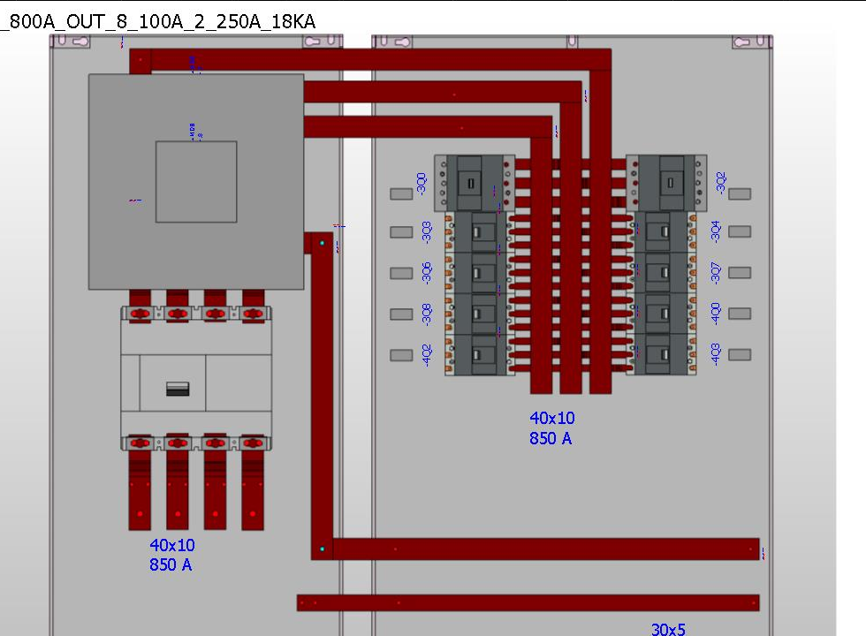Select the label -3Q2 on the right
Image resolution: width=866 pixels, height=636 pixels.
coord(721,183)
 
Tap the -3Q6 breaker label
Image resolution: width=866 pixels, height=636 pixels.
coord(427,273)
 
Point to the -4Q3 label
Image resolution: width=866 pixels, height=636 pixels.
coord(716,354)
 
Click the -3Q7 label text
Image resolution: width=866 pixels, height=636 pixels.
coord(716,272)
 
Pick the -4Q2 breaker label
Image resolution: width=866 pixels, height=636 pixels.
coord(427,355)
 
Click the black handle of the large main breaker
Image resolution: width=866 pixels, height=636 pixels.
coord(178,389)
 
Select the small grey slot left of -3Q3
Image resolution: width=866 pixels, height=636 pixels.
coord(401,232)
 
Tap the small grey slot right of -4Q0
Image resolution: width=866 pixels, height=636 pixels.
coord(740,314)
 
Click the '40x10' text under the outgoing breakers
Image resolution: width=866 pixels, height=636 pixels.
coord(552,419)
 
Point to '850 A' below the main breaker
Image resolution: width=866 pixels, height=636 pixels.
coord(171,565)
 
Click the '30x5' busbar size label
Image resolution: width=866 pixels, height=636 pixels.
coord(668,629)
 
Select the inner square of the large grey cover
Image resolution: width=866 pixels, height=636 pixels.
coord(196,181)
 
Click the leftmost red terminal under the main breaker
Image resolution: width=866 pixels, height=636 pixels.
coord(140,495)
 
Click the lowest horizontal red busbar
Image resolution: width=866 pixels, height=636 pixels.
coord(528,603)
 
